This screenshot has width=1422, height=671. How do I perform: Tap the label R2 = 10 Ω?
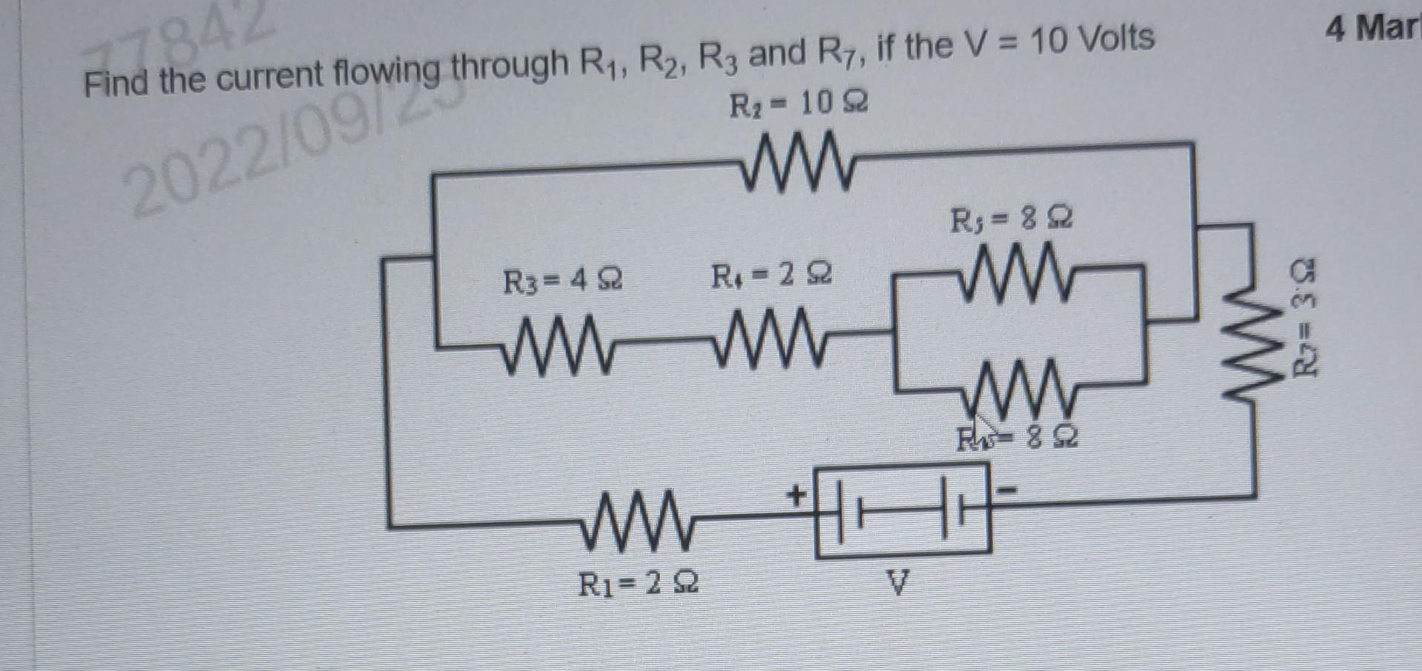798,105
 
